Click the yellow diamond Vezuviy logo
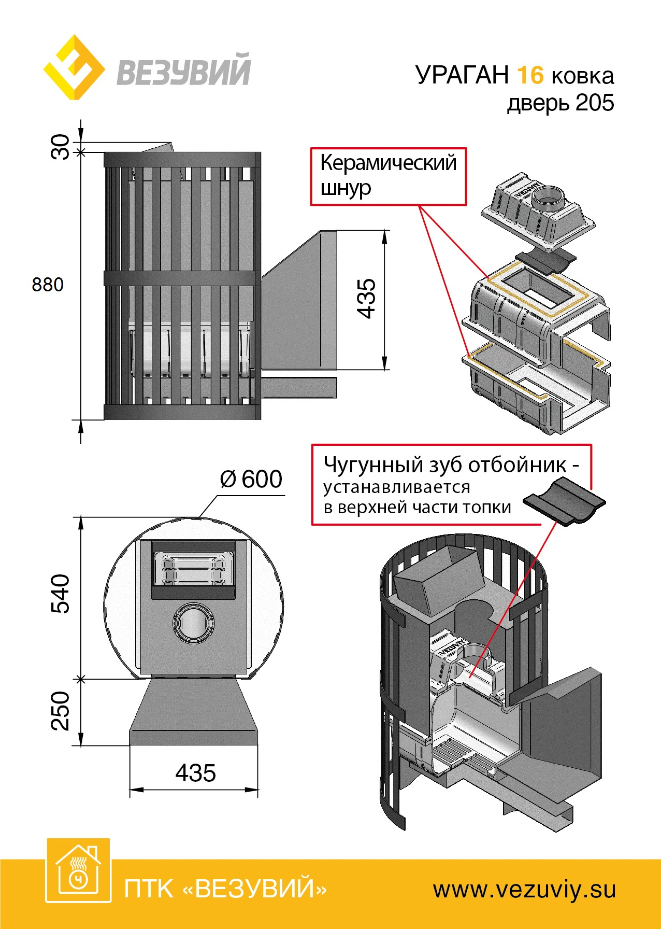pyautogui.click(x=74, y=67)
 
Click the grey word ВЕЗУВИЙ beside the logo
pyautogui.click(x=184, y=71)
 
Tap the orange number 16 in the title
pyautogui.click(x=530, y=75)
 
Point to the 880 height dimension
pyautogui.click(x=48, y=285)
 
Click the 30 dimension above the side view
pyautogui.click(x=60, y=147)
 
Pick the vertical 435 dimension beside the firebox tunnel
pyautogui.click(x=366, y=298)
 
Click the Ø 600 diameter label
pyautogui.click(x=251, y=479)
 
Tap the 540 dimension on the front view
pyautogui.click(x=60, y=594)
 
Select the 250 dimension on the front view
pyautogui.click(x=60, y=711)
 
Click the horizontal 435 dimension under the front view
pyautogui.click(x=195, y=773)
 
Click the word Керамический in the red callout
pyautogui.click(x=388, y=163)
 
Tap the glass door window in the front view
pyautogui.click(x=193, y=569)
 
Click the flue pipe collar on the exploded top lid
pyautogui.click(x=550, y=196)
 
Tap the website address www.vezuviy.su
pyautogui.click(x=524, y=890)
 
